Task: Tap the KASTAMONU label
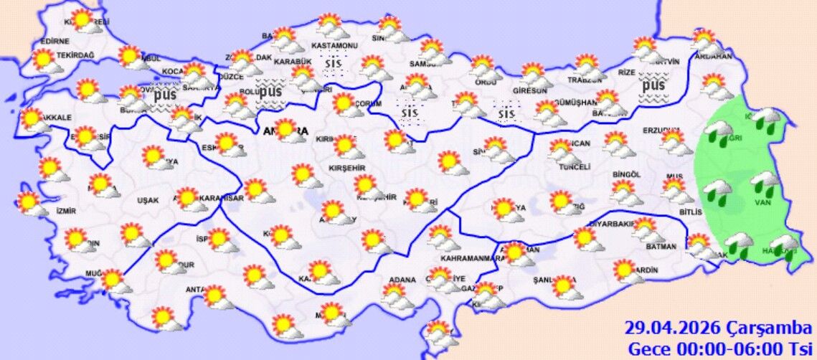pos(334,46)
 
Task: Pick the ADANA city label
pos(402,279)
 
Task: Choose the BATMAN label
pos(660,247)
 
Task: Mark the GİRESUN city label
pos(529,91)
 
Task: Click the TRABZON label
pos(582,80)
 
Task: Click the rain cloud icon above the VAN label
pos(765,183)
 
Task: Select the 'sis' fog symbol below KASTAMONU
pos(332,65)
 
